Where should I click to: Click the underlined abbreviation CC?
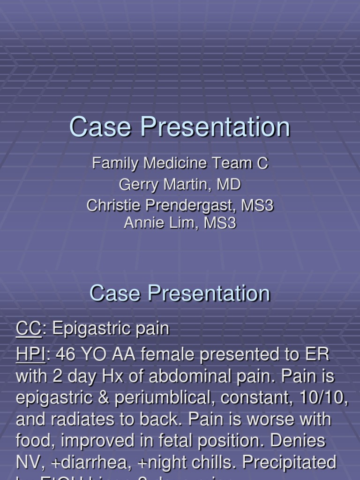[x=29, y=329]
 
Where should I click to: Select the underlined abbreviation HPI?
[x=31, y=355]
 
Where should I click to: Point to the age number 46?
[x=65, y=355]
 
